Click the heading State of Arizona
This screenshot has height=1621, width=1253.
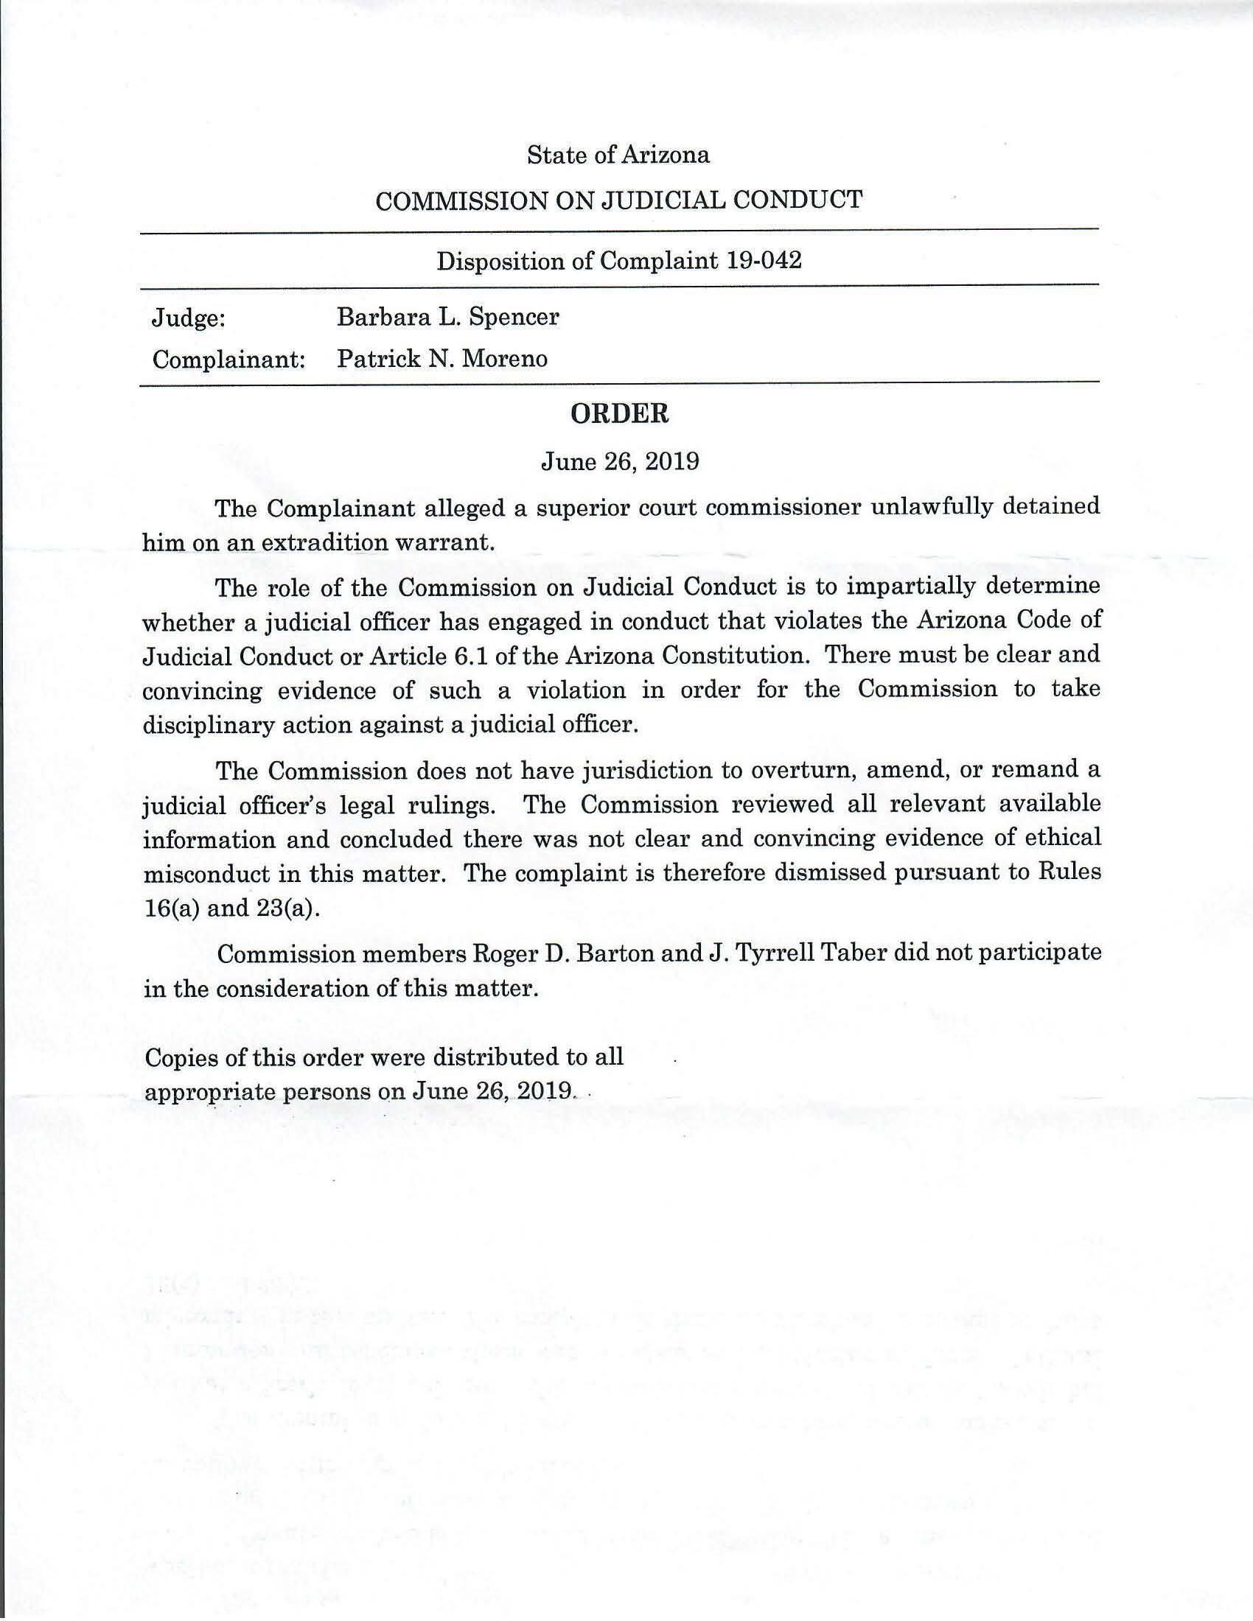pyautogui.click(x=618, y=155)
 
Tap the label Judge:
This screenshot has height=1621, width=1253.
pyautogui.click(x=188, y=318)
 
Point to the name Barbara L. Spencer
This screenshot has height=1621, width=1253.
pyautogui.click(x=447, y=317)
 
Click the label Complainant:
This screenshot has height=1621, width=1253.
pyautogui.click(x=229, y=360)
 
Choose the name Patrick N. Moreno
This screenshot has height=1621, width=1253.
pyautogui.click(x=442, y=360)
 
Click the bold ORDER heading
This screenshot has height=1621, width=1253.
pyautogui.click(x=619, y=414)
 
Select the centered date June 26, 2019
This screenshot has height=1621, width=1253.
pyautogui.click(x=620, y=462)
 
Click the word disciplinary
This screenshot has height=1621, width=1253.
pyautogui.click(x=208, y=725)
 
